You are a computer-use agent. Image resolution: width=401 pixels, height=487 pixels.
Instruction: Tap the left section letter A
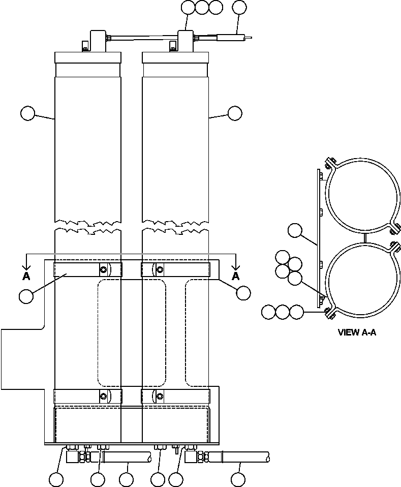pyautogui.click(x=26, y=276)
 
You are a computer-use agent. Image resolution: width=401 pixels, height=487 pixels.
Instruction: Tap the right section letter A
pyautogui.click(x=235, y=276)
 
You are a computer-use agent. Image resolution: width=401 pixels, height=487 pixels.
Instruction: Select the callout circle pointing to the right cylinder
pyautogui.click(x=235, y=113)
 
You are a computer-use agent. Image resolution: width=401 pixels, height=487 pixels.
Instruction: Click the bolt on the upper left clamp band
pyautogui.click(x=104, y=269)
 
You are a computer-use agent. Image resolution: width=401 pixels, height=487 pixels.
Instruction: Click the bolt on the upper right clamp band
pyautogui.click(x=160, y=269)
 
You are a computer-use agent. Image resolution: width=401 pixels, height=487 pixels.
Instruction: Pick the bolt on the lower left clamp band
pyautogui.click(x=104, y=396)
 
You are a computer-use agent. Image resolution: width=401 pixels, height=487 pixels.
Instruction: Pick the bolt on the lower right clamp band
pyautogui.click(x=160, y=396)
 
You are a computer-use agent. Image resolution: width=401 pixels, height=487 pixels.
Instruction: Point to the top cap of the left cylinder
pyautogui.click(x=88, y=57)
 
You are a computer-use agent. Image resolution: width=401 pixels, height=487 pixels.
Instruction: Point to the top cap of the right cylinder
pyautogui.click(x=175, y=57)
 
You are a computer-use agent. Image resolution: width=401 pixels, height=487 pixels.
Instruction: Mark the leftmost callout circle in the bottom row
pyautogui.click(x=56, y=479)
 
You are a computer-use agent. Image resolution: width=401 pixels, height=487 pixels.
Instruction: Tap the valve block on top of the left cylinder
pyautogui.click(x=97, y=40)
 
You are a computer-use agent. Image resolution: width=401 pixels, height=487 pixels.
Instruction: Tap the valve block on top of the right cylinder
pyautogui.click(x=186, y=40)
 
